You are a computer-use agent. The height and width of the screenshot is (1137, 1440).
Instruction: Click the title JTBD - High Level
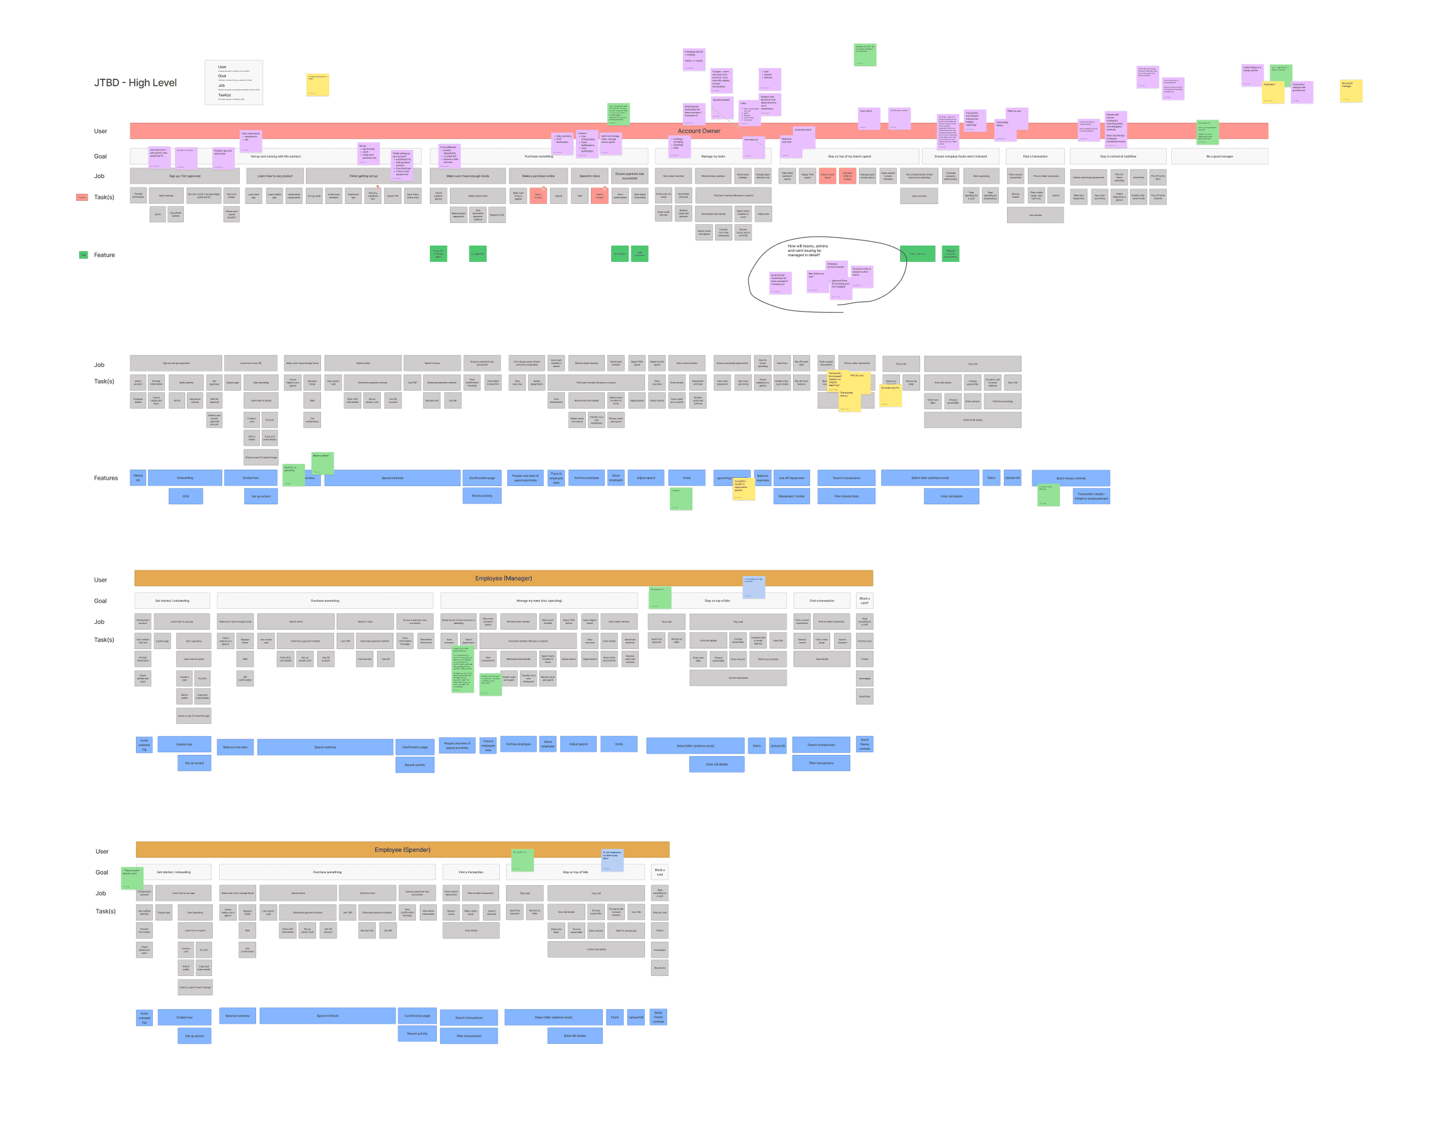pyautogui.click(x=135, y=82)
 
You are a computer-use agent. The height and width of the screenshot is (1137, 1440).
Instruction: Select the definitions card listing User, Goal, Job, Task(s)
pyautogui.click(x=233, y=82)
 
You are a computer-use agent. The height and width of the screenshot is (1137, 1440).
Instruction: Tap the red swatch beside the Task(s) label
pyautogui.click(x=82, y=197)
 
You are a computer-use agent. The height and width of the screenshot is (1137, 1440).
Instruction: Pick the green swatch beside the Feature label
pyautogui.click(x=83, y=255)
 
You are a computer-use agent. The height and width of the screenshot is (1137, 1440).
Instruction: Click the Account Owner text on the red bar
pyautogui.click(x=699, y=131)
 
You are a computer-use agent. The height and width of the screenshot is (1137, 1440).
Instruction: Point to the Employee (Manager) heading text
pyautogui.click(x=503, y=579)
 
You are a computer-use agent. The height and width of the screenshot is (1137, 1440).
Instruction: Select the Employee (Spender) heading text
pyautogui.click(x=402, y=850)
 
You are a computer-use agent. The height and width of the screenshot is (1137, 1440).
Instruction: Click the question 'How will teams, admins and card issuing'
pyautogui.click(x=807, y=251)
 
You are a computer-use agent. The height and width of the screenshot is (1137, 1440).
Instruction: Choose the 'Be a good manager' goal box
pyautogui.click(x=1219, y=156)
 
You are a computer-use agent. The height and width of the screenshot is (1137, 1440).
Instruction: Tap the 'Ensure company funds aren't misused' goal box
pyautogui.click(x=960, y=156)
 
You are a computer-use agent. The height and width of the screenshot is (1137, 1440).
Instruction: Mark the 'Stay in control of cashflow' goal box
pyautogui.click(x=1118, y=156)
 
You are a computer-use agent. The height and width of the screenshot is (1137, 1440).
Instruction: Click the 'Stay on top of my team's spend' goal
pyautogui.click(x=849, y=156)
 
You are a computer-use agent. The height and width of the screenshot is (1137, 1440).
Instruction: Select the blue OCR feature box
pyautogui.click(x=186, y=496)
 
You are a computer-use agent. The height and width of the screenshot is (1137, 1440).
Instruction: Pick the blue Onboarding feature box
pyautogui.click(x=185, y=478)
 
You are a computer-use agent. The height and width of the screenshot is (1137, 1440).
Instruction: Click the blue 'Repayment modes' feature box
pyautogui.click(x=791, y=496)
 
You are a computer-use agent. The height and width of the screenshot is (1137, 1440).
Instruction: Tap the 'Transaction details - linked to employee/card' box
pyautogui.click(x=1091, y=496)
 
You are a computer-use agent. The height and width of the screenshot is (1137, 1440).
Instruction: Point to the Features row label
pyautogui.click(x=105, y=478)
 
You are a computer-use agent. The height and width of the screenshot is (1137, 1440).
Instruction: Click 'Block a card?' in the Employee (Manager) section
pyautogui.click(x=864, y=601)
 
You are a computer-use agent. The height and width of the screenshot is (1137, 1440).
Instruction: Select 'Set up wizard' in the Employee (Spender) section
pyautogui.click(x=194, y=1036)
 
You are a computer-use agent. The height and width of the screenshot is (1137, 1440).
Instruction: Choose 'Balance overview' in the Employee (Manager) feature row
pyautogui.click(x=235, y=747)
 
